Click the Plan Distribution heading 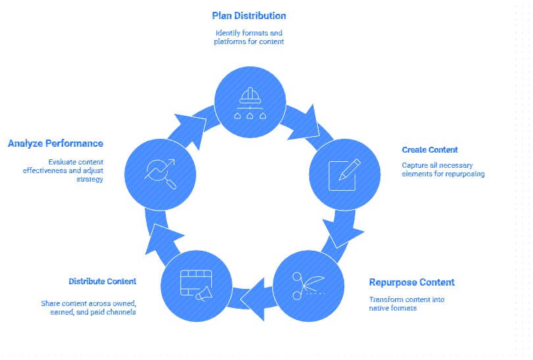pos(249,15)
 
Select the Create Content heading pos(429,150)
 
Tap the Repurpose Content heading pos(411,282)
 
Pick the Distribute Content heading pos(102,281)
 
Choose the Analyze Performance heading pos(55,143)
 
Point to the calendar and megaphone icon pos(196,284)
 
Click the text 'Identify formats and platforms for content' pos(249,38)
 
